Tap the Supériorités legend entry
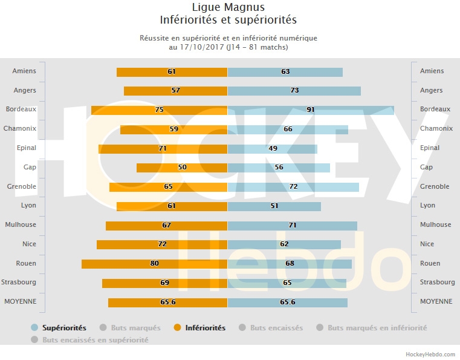click(x=63, y=328)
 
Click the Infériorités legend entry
click(x=206, y=328)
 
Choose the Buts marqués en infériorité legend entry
click(x=377, y=328)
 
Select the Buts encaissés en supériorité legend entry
click(x=95, y=340)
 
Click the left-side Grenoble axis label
click(x=22, y=187)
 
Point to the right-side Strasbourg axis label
click(x=438, y=283)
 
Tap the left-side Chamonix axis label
click(x=20, y=129)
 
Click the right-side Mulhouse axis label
click(x=435, y=225)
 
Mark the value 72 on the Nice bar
click(x=162, y=244)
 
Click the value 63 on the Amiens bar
click(x=285, y=71)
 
